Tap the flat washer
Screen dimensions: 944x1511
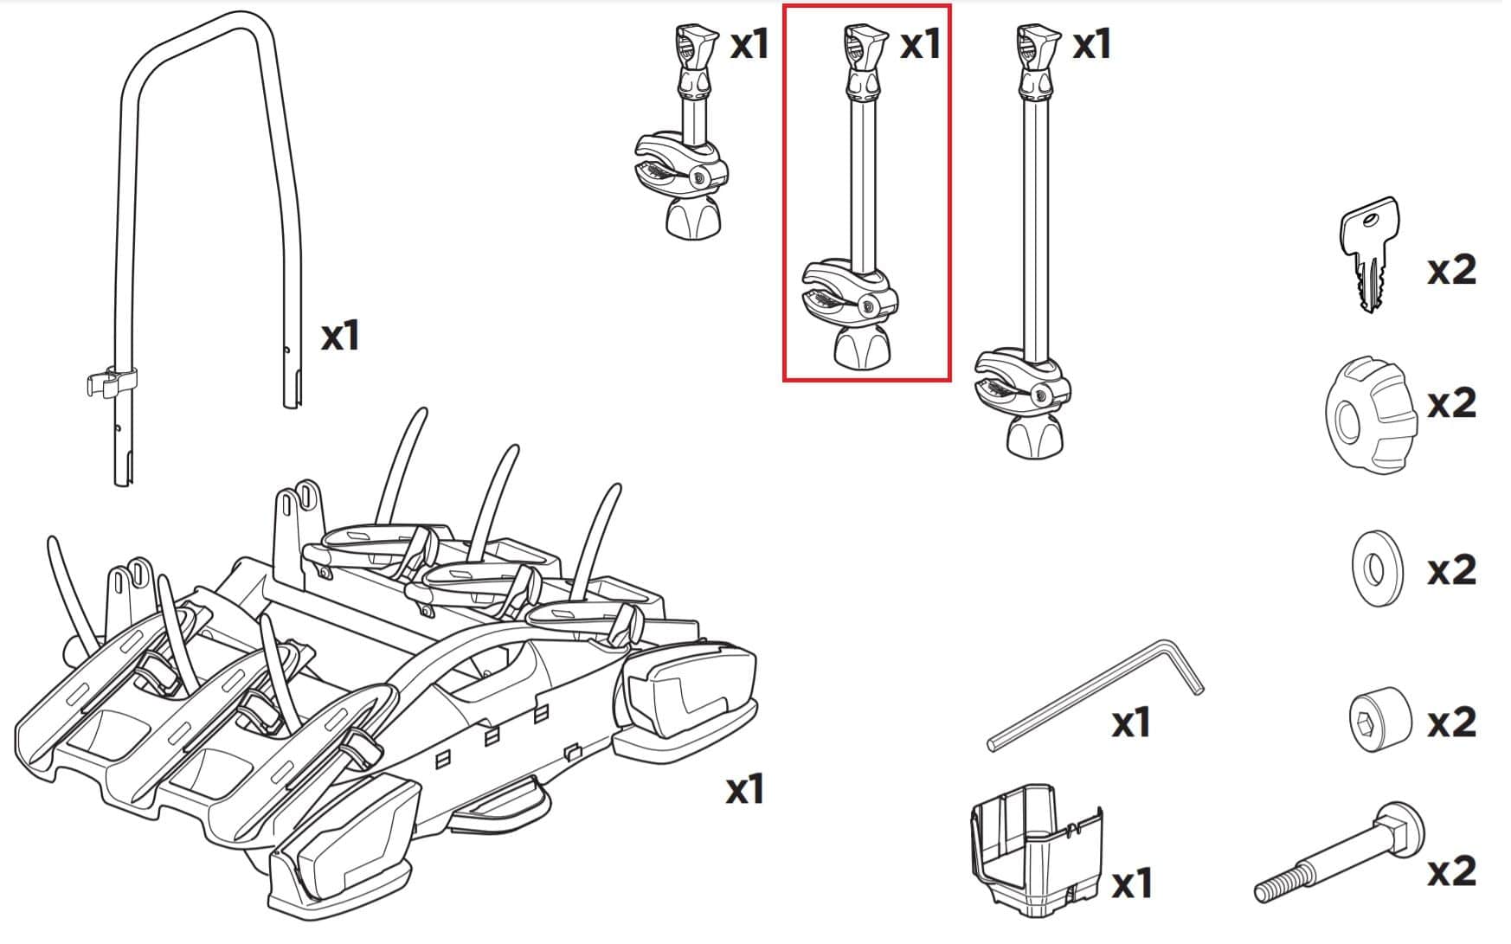tap(1376, 569)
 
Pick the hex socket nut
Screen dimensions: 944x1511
tap(1379, 719)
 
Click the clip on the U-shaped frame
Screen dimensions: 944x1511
tap(112, 381)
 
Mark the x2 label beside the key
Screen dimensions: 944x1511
tap(1451, 271)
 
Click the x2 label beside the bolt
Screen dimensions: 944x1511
tap(1451, 871)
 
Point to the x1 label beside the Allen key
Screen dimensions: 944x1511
tap(1130, 722)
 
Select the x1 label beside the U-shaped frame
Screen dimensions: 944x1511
tap(339, 336)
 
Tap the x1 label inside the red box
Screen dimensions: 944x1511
tap(920, 44)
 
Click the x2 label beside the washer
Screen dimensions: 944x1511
tap(1451, 570)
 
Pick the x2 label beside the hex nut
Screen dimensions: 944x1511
tap(1451, 722)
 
